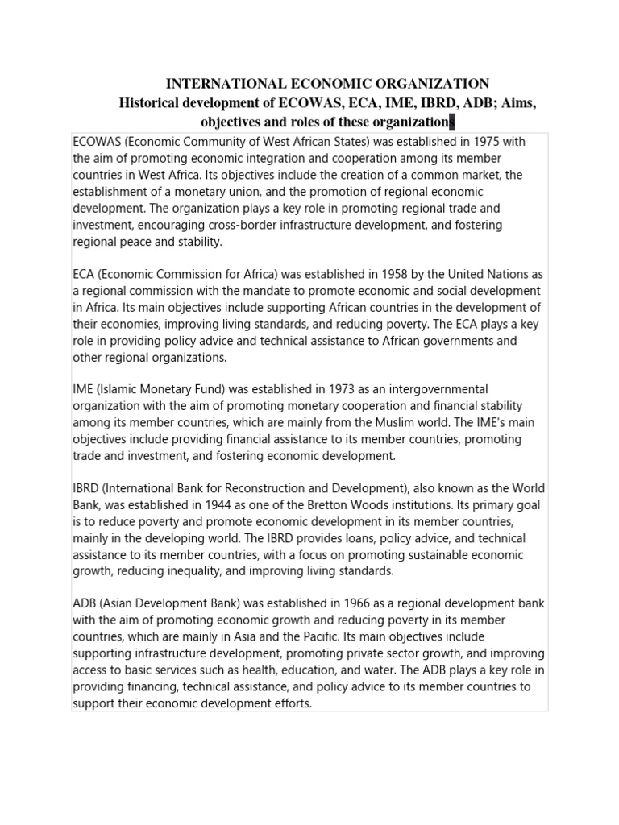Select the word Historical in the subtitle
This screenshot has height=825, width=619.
coord(154,103)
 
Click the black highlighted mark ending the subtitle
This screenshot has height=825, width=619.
coord(451,122)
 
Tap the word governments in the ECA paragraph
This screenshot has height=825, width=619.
coord(452,341)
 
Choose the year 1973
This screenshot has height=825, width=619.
coord(322,390)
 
